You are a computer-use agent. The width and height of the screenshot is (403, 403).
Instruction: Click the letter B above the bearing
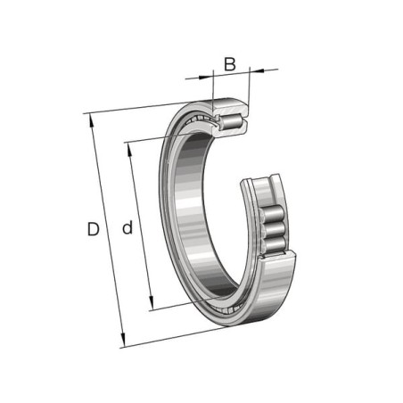230,64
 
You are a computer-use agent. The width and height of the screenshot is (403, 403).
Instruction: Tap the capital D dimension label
93,229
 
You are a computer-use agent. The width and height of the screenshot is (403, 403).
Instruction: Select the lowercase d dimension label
127,227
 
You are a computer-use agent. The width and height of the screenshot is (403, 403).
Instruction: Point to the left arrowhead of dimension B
206,77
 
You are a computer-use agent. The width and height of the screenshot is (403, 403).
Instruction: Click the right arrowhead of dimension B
257,70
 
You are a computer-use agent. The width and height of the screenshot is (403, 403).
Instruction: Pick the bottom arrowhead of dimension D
122,340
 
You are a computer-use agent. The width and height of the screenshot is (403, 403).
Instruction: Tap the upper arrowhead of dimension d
129,150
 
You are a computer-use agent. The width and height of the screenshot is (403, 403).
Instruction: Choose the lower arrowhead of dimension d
152,302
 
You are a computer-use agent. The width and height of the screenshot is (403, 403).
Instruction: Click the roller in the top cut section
232,121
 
